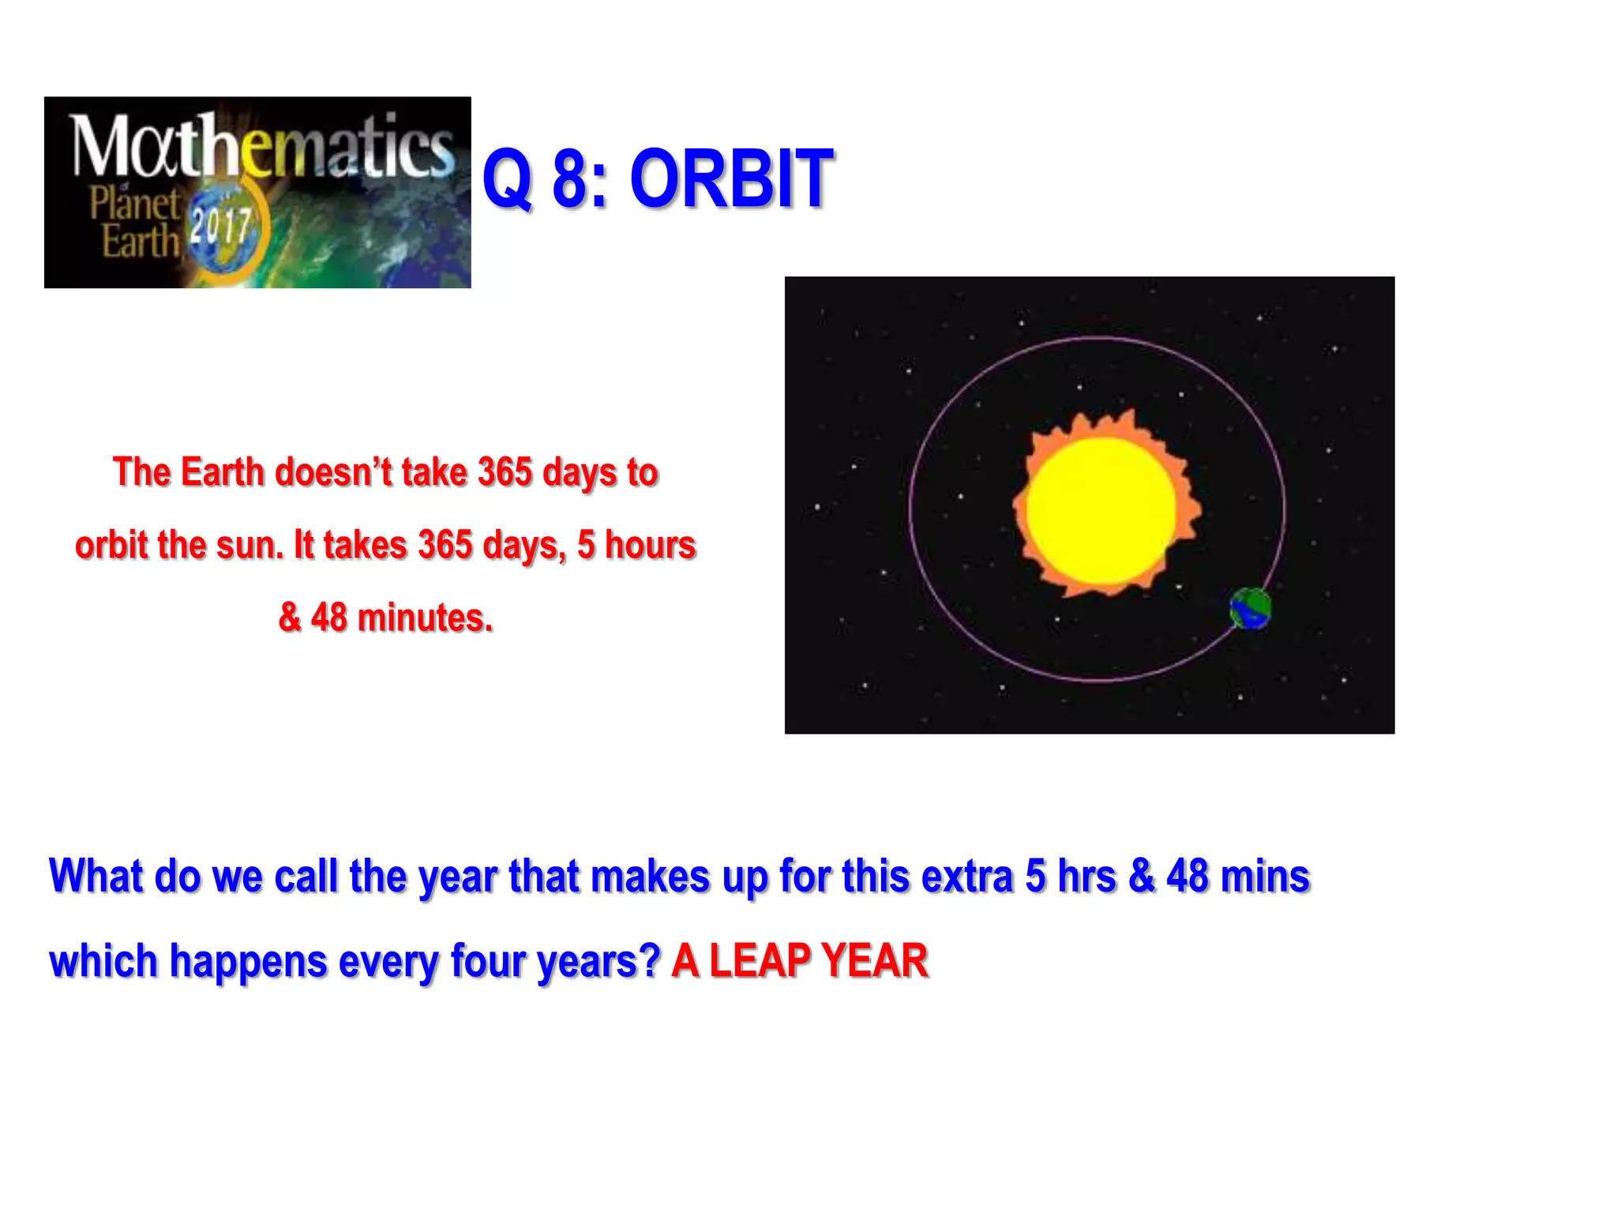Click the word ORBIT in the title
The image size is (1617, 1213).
pos(731,180)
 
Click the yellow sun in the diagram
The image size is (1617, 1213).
pos(1101,510)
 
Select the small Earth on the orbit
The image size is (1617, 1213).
pos(1251,609)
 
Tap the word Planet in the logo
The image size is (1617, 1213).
pos(134,204)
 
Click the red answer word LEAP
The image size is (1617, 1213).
pos(760,961)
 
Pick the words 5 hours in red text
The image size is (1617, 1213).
pos(636,545)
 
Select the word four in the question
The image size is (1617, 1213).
pos(482,961)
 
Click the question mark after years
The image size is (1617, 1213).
pos(650,961)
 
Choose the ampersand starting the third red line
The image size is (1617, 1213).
pos(290,618)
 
